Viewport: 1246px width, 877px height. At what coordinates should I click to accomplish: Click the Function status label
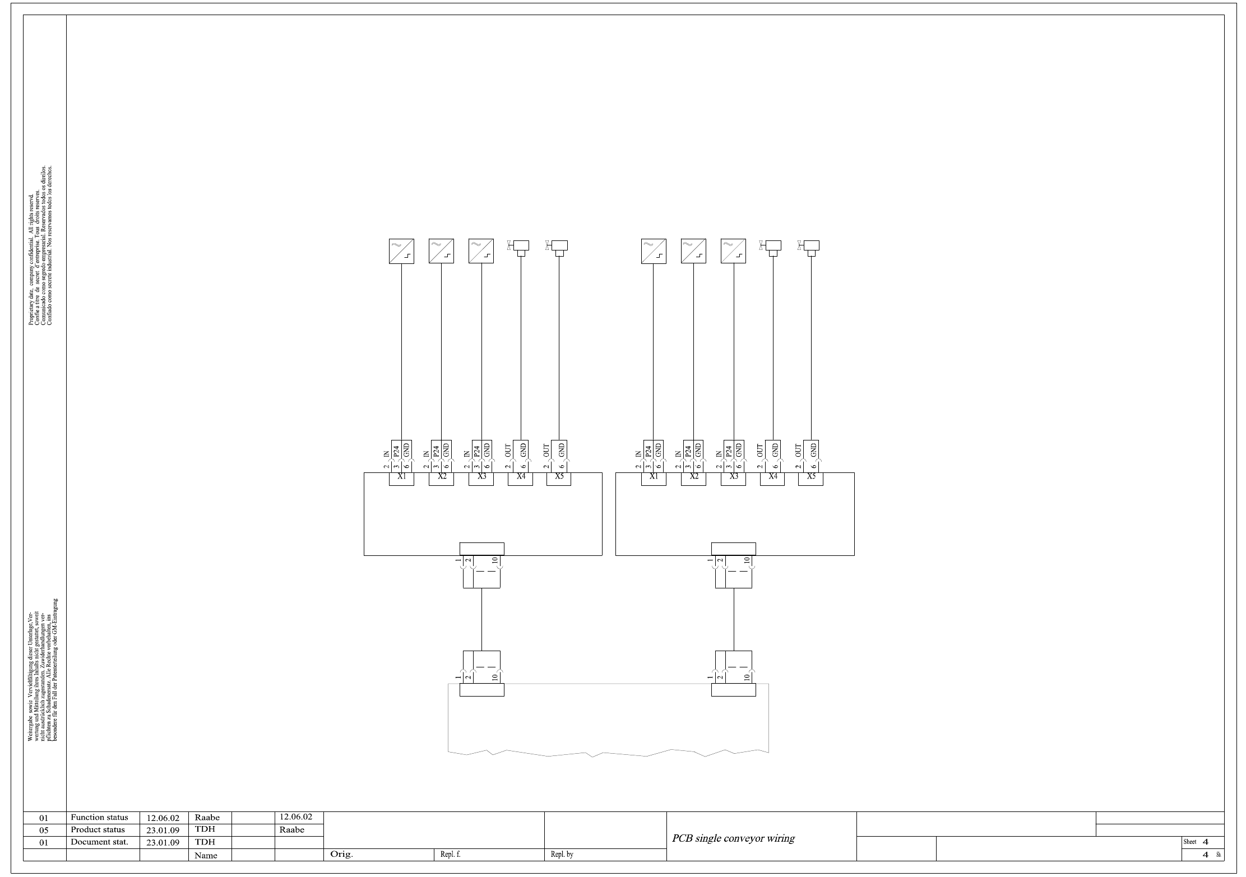[x=99, y=817]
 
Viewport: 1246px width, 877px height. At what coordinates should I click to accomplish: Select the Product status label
[x=98, y=829]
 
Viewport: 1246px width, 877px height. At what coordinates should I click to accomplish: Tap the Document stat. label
[x=99, y=842]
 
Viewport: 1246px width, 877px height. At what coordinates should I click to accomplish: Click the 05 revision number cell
[x=44, y=830]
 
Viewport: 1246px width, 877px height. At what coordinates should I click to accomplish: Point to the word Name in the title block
[x=206, y=855]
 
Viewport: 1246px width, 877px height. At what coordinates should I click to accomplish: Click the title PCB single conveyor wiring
[x=733, y=838]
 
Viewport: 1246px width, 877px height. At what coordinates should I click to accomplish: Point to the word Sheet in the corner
[x=1189, y=842]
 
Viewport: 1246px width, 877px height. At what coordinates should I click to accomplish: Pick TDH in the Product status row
[x=205, y=829]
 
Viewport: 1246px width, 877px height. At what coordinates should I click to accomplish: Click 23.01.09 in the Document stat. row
[x=163, y=842]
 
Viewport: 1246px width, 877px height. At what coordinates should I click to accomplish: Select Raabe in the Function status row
[x=207, y=818]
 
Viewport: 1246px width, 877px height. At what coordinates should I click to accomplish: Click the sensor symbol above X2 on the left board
[x=441, y=251]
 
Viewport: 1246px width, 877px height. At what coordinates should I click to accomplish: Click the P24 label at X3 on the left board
[x=476, y=450]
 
